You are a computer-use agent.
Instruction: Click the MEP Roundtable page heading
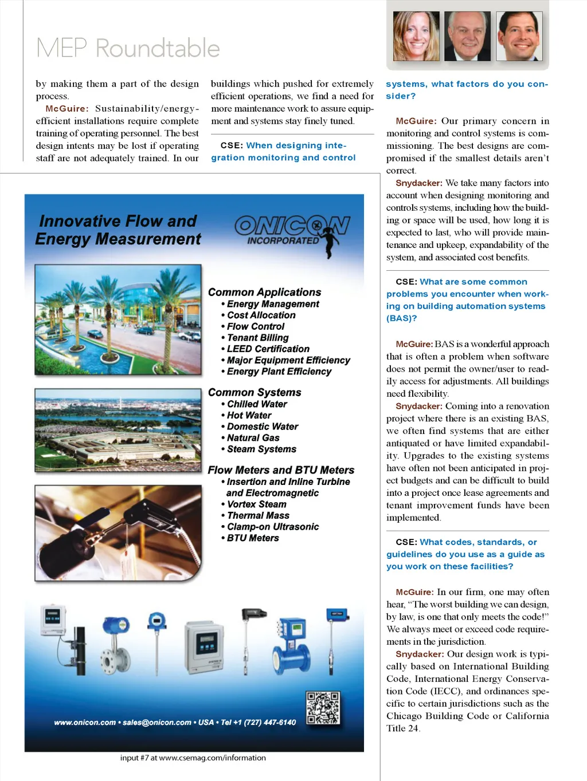click(x=128, y=48)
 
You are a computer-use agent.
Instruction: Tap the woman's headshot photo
click(x=416, y=36)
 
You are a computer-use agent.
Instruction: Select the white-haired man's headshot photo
click(x=467, y=36)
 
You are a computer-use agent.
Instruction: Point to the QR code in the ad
click(x=323, y=708)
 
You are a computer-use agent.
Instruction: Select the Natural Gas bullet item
click(x=253, y=438)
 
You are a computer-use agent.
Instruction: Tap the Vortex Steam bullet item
click(x=256, y=504)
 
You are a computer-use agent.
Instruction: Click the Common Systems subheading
click(x=255, y=392)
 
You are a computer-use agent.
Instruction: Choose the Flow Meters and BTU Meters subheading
click(x=281, y=470)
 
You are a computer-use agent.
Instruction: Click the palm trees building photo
click(x=118, y=319)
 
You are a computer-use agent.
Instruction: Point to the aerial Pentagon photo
click(x=118, y=430)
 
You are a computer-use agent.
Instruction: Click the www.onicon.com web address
click(x=85, y=723)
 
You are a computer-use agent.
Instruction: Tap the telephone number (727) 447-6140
click(x=270, y=723)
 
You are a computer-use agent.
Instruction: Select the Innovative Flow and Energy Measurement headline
click(x=118, y=230)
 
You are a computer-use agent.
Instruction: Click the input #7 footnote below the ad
click(x=193, y=758)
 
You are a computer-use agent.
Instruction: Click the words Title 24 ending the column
click(x=403, y=728)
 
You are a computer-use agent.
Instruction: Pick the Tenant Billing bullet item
click(x=257, y=338)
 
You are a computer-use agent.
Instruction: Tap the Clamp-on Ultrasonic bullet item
click(x=272, y=527)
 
